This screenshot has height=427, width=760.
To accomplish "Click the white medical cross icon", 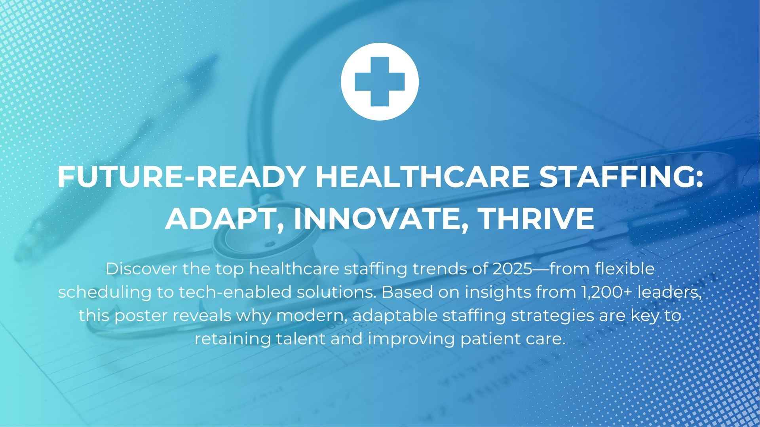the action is pos(380,81).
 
